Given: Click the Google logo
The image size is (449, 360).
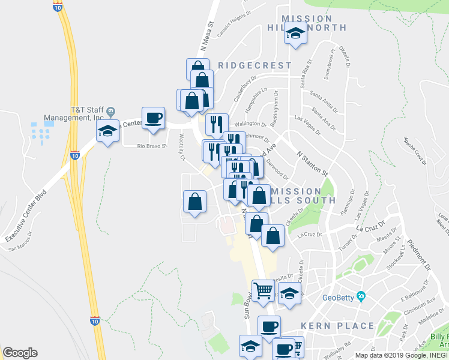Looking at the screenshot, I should point(20,353).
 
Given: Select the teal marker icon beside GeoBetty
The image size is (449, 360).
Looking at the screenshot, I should point(361,296).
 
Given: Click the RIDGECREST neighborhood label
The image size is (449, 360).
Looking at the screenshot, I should point(255,65).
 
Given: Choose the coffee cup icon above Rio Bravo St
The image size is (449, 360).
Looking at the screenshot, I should point(153,117).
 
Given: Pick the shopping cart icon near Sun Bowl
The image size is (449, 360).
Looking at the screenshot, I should point(263,290).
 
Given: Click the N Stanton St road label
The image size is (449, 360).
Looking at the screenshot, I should point(313,163).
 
